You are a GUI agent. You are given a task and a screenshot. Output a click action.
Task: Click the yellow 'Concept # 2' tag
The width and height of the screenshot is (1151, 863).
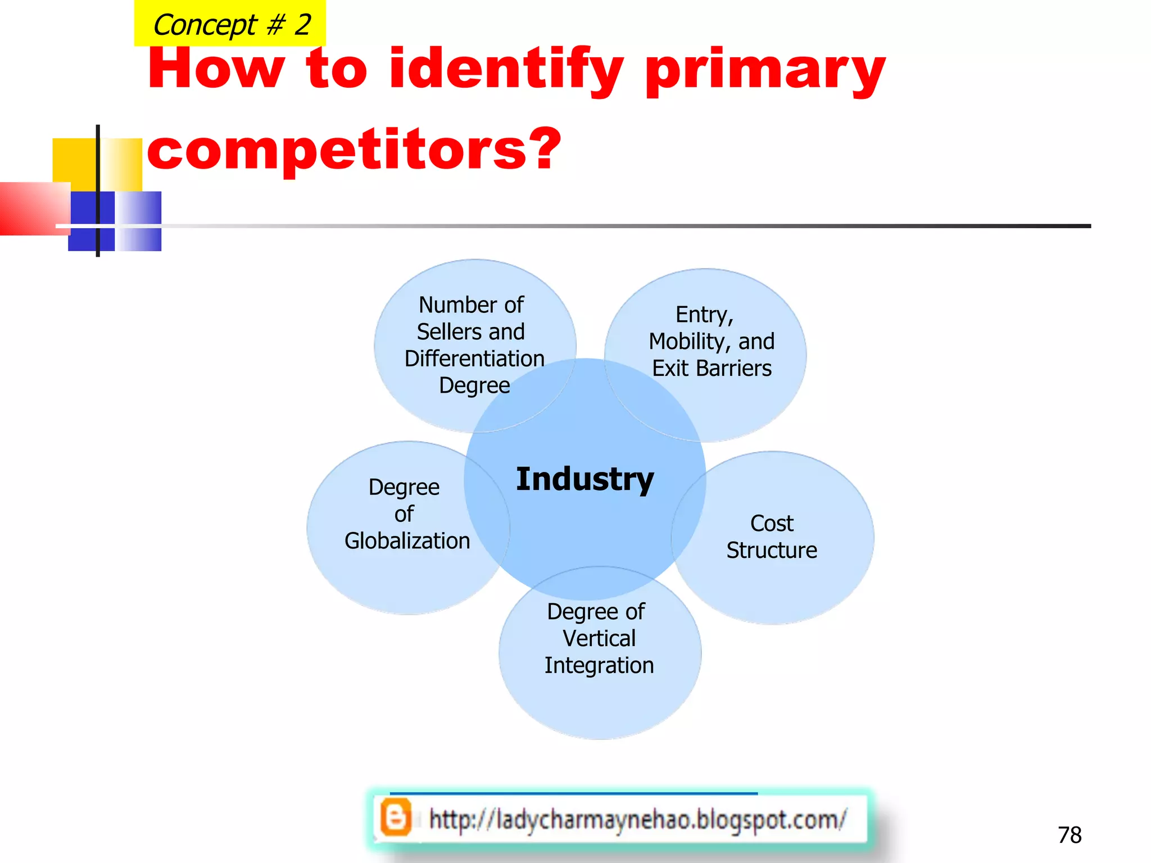230,24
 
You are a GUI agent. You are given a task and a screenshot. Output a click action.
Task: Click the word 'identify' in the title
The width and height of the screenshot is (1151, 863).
506,70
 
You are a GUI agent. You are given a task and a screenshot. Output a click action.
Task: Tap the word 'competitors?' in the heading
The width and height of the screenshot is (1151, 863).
354,149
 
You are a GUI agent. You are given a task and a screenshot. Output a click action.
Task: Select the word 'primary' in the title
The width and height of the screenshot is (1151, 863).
765,70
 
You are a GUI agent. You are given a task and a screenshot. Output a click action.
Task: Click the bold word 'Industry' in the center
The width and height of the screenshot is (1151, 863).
585,479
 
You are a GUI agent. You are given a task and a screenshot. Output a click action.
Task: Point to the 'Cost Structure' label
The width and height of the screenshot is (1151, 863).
772,537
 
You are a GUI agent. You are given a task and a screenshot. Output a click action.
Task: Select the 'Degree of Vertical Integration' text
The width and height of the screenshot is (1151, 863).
599,638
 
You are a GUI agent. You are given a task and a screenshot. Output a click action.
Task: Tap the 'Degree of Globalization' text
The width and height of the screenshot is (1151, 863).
406,514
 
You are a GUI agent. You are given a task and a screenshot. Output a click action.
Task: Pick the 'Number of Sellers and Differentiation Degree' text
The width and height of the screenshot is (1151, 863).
473,345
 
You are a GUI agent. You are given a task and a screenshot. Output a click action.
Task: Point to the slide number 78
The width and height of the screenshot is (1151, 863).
1070,835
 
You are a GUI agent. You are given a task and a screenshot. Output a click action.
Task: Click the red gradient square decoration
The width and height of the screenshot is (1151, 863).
34,208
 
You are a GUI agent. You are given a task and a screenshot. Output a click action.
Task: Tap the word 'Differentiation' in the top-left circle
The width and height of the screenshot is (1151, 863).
474,358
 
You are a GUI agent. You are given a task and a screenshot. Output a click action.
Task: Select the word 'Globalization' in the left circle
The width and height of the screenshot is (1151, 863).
407,540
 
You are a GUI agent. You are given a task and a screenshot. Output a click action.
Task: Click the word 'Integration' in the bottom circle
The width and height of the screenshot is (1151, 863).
599,665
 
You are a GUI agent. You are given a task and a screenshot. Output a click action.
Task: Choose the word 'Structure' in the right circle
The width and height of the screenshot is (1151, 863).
772,550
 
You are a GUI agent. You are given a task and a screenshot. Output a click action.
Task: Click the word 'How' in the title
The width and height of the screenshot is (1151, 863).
216,70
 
